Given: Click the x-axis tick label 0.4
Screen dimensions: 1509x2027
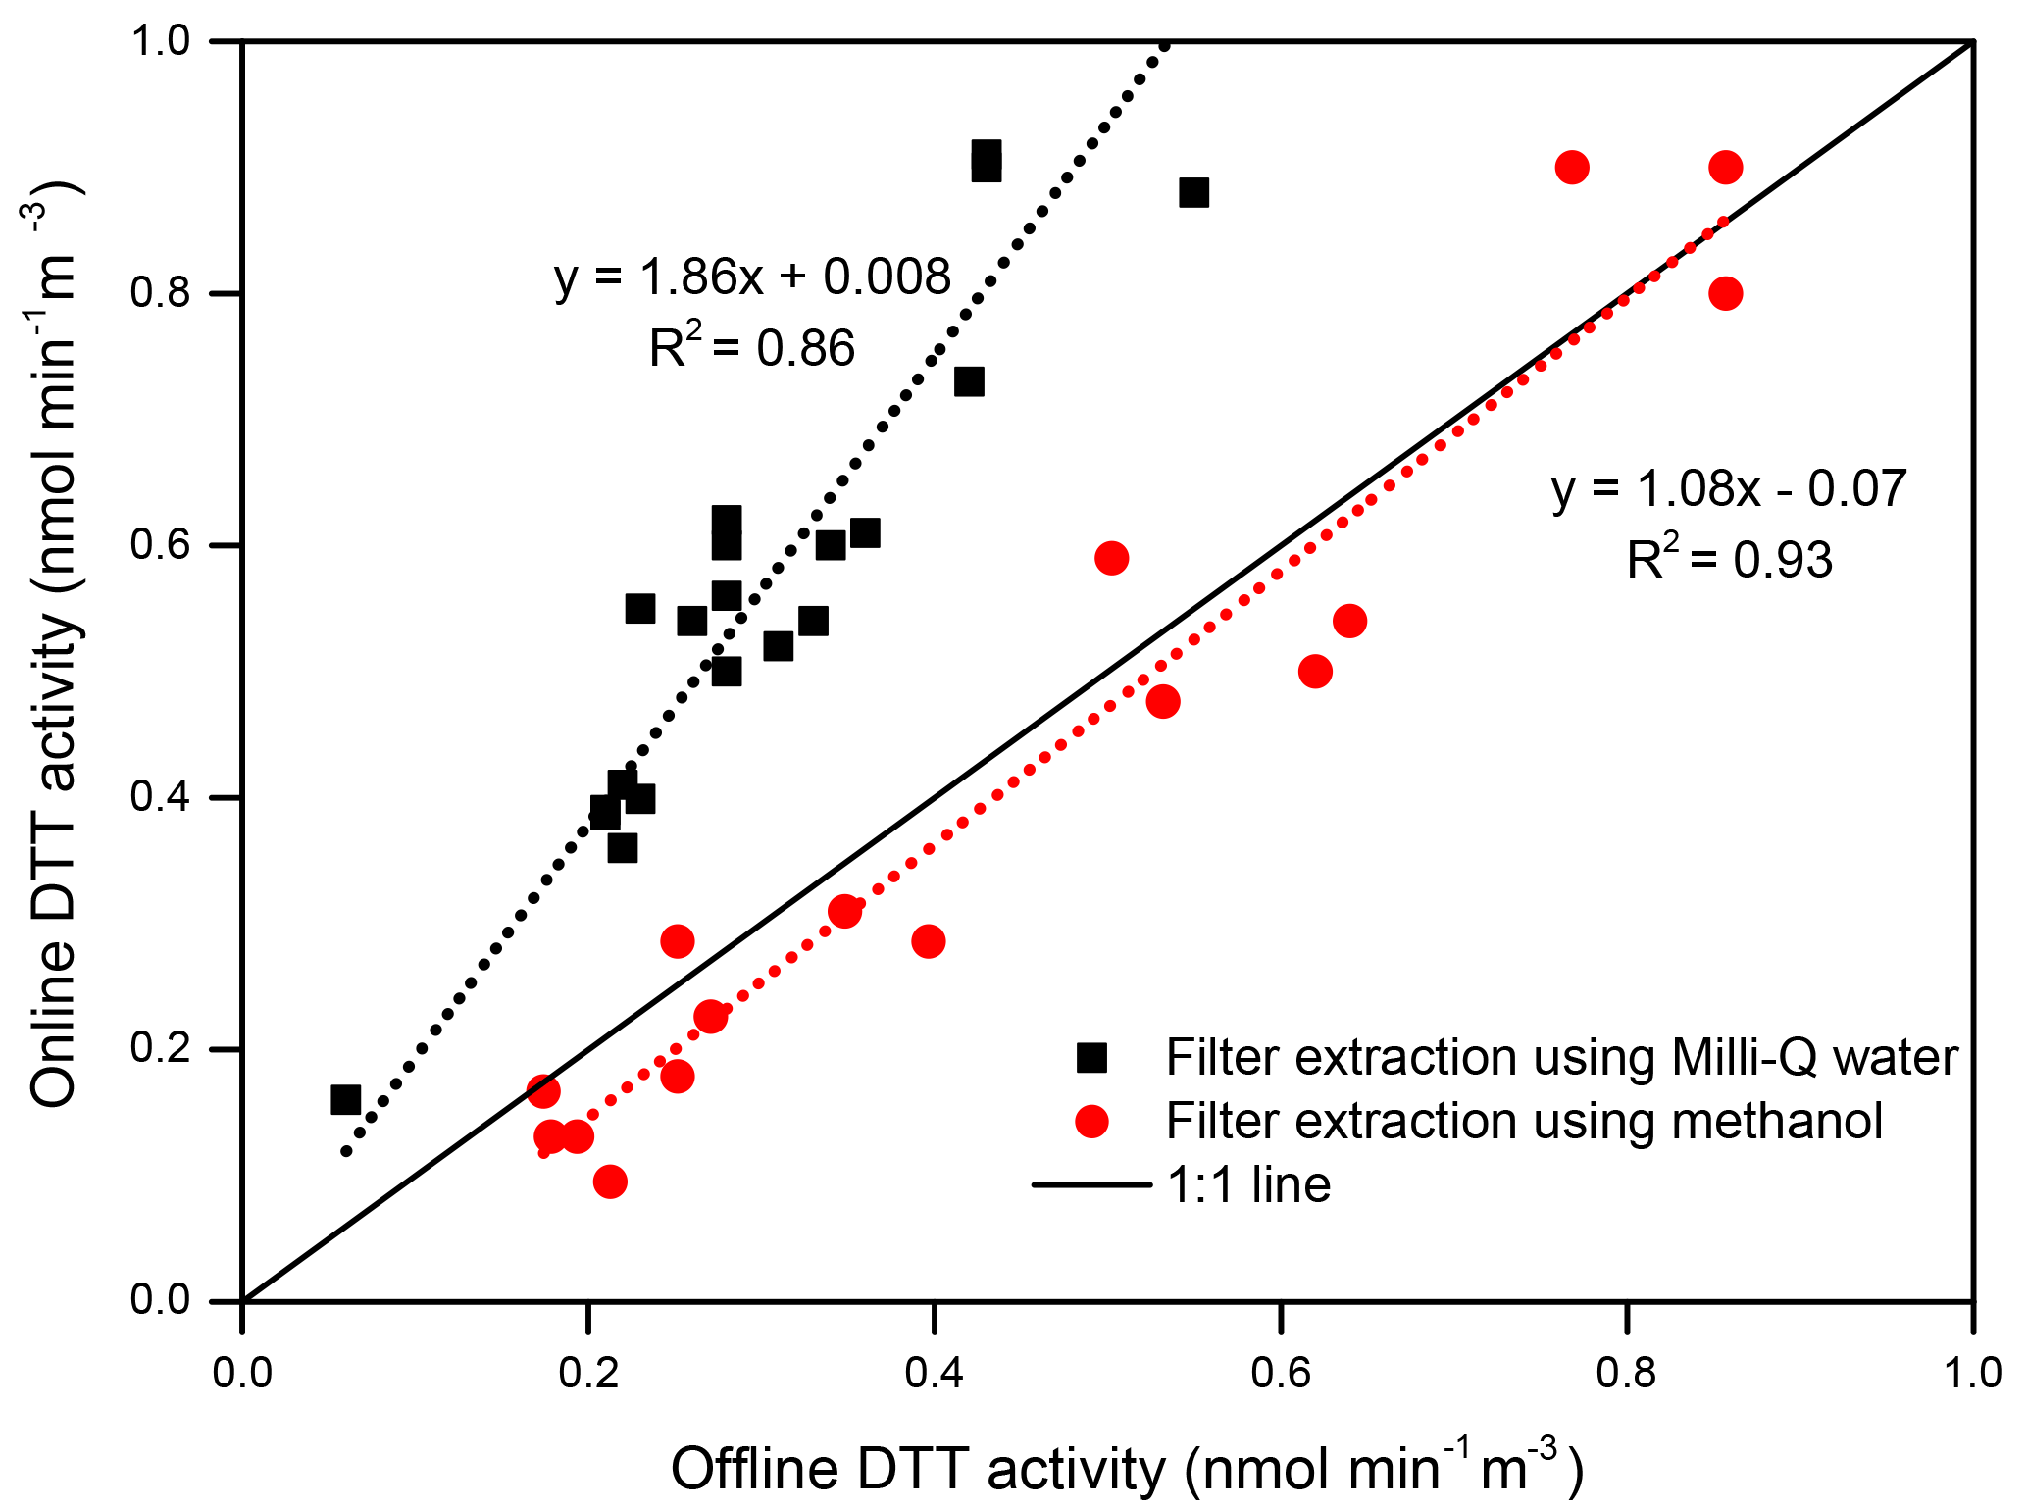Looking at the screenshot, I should pos(933,1373).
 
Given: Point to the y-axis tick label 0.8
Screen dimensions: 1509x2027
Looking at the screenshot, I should pos(160,293).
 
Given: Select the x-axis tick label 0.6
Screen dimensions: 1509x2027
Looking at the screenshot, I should pos(1280,1373).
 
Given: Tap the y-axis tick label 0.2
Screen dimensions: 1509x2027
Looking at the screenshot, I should pos(160,1049).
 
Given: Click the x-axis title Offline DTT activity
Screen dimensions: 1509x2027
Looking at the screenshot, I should pos(1127,1467).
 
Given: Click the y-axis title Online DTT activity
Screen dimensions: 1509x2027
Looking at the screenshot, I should pos(54,647).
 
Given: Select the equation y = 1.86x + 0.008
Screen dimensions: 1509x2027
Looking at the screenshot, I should pos(752,277).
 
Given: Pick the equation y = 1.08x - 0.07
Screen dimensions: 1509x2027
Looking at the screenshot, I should pos(1728,488).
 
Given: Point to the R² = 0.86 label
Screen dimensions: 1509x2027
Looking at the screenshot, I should pos(752,348).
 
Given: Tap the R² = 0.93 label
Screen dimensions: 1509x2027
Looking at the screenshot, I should pos(1729,560).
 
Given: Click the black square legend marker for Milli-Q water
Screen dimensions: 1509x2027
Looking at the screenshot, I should pos(1091,1057).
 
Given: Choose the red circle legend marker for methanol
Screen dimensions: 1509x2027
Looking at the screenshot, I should pos(1091,1121).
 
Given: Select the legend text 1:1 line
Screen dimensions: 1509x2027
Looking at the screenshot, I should pos(1248,1184).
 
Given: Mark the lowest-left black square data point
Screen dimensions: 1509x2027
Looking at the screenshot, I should pos(345,1099).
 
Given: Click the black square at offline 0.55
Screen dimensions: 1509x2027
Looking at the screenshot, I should pos(1193,192).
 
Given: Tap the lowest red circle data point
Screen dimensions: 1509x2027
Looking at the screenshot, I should pos(610,1182).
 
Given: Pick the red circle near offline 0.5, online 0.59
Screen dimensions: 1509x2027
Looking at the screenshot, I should pos(1111,558).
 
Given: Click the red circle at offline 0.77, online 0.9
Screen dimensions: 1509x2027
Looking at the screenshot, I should pos(1572,168).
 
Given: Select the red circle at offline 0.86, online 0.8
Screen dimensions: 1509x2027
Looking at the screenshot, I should pos(1725,293).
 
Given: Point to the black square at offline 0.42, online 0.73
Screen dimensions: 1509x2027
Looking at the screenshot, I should pos(969,381).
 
